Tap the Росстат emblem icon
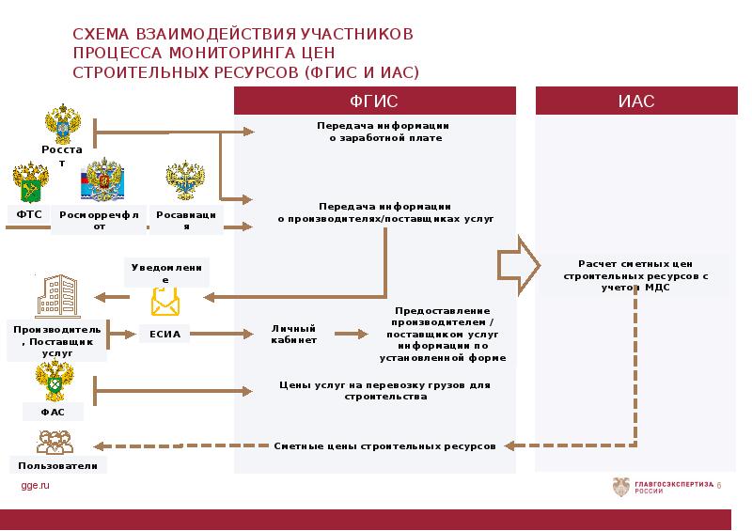point(63,124)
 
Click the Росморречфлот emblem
point(101,180)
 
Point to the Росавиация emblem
point(184,181)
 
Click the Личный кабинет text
point(293,333)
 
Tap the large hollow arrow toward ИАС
point(517,266)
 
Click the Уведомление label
point(165,273)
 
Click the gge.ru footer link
point(35,484)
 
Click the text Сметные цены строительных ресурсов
point(384,445)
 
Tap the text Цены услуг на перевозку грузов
point(384,390)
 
